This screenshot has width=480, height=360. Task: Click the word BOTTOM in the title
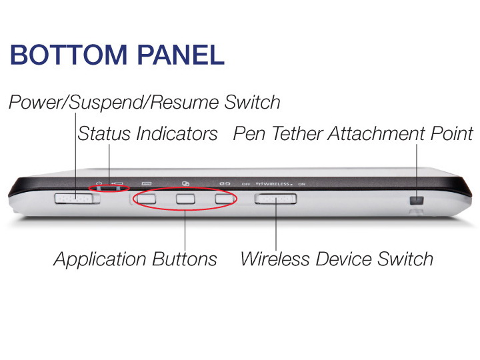point(69,55)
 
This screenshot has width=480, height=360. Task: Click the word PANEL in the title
point(181,55)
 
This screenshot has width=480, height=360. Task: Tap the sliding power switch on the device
point(74,199)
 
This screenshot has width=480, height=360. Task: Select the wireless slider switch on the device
point(275,199)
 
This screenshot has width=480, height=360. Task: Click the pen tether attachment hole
point(416,201)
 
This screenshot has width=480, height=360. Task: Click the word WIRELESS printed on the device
point(276,184)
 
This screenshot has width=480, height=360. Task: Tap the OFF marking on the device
point(246,184)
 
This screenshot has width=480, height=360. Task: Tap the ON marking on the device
point(301,184)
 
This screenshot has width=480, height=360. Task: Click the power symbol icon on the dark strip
point(99,183)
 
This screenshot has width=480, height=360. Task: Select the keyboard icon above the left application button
point(147,183)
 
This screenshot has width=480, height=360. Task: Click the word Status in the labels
point(104,134)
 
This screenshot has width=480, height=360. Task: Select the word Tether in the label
point(297,134)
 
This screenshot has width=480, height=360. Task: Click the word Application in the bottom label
point(100,260)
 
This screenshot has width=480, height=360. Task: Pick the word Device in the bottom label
point(343,259)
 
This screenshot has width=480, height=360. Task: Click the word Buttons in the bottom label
point(185,259)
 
